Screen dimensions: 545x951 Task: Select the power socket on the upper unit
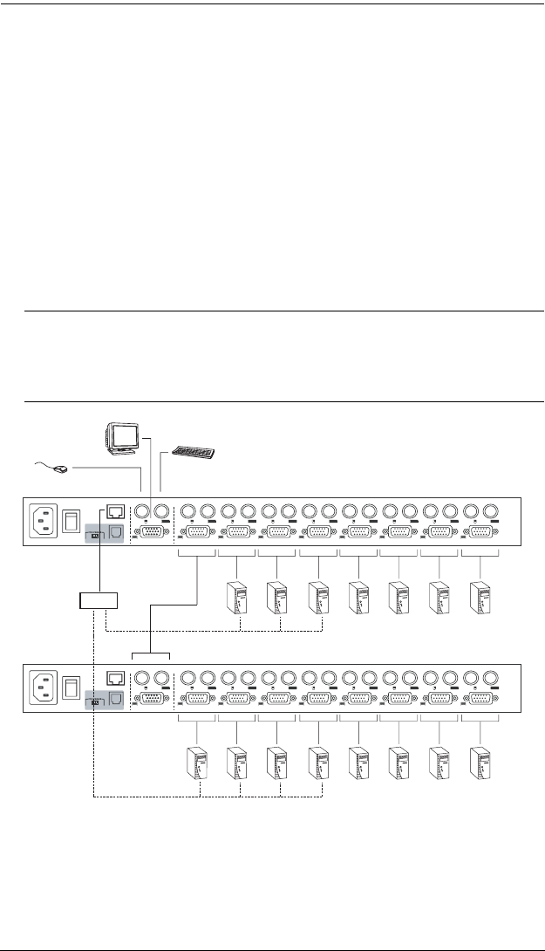(44, 523)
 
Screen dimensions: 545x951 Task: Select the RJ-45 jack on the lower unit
(114, 676)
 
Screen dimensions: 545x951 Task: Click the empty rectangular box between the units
(97, 599)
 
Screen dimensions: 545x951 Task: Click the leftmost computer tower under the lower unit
(196, 761)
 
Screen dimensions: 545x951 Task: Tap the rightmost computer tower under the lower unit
(480, 761)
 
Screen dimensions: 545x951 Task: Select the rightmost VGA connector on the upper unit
(480, 534)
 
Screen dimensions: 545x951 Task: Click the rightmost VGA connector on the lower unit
(480, 698)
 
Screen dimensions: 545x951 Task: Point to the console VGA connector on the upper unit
(150, 534)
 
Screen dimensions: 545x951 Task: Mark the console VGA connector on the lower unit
(150, 698)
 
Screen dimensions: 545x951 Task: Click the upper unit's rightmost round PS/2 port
(493, 512)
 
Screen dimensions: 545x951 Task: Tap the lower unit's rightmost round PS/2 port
(493, 676)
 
